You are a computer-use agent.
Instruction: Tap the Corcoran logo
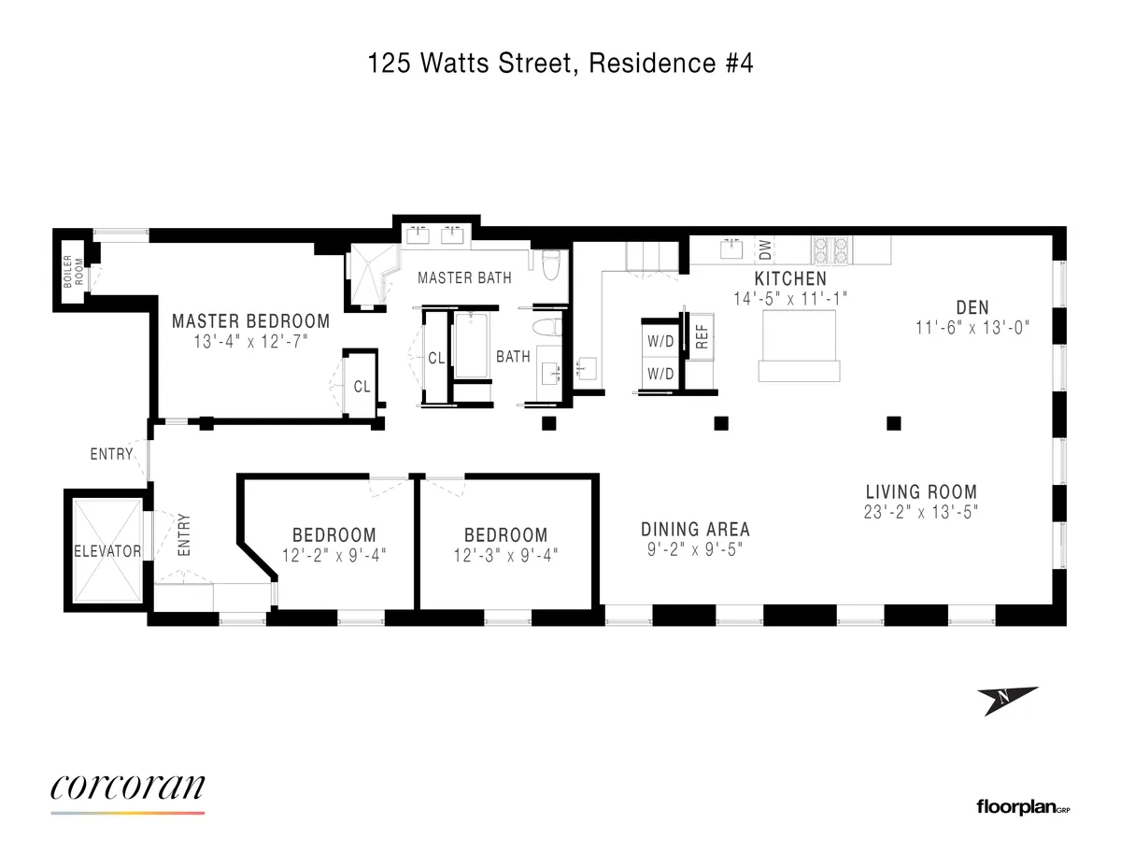coord(127,790)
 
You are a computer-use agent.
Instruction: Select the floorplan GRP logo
coord(1022,806)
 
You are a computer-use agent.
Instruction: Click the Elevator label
coord(107,551)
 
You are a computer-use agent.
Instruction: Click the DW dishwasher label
coord(765,249)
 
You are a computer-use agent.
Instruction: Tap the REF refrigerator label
coord(702,337)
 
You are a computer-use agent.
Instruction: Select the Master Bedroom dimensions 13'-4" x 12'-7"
coord(250,343)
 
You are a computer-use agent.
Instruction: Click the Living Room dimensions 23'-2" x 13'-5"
coord(920,512)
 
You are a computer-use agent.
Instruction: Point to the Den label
coord(972,306)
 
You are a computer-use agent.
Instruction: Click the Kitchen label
coord(790,279)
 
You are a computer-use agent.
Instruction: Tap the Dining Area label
coord(696,530)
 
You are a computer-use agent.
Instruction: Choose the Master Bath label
coord(464,278)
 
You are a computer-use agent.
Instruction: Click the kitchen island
coord(800,344)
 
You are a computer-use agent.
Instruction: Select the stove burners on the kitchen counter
coord(830,249)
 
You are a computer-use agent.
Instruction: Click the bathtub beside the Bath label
coord(471,346)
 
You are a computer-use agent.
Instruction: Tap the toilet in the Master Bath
coord(550,263)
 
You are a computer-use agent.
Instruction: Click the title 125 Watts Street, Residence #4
coord(560,65)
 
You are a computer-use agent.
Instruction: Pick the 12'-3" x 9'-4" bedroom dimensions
coord(505,554)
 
